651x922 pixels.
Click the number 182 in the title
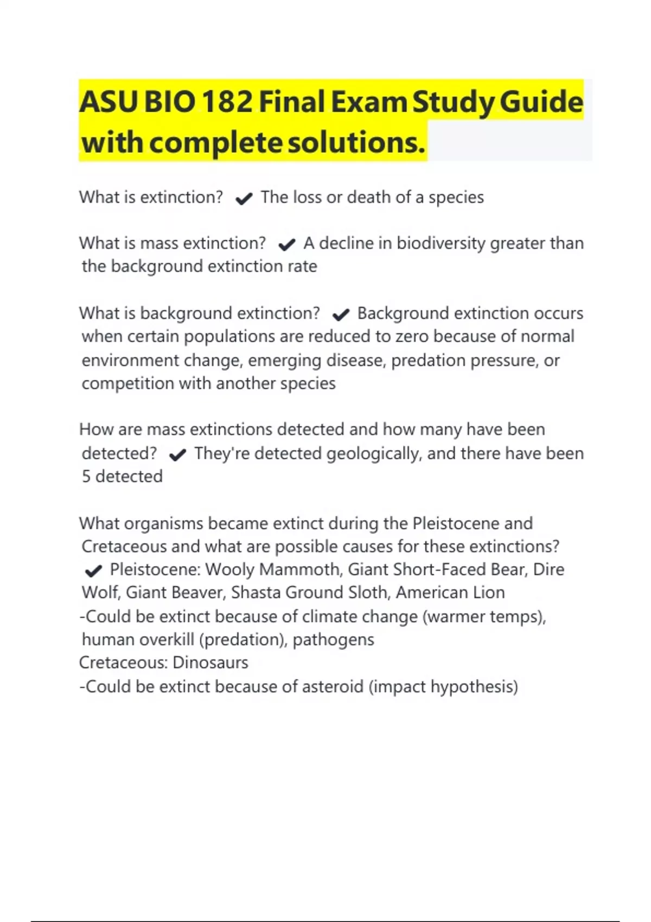(x=227, y=102)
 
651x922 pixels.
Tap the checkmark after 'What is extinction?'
(x=244, y=199)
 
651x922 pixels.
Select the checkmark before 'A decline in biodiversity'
(x=286, y=245)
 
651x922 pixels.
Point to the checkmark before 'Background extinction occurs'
(x=340, y=315)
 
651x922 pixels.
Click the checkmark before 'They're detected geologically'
(x=177, y=454)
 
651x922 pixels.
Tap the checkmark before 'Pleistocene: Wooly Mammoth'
(x=93, y=571)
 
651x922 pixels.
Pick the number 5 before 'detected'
(x=86, y=476)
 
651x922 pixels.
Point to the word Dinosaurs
(x=210, y=663)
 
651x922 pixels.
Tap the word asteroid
(x=332, y=687)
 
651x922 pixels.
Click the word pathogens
(x=333, y=640)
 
